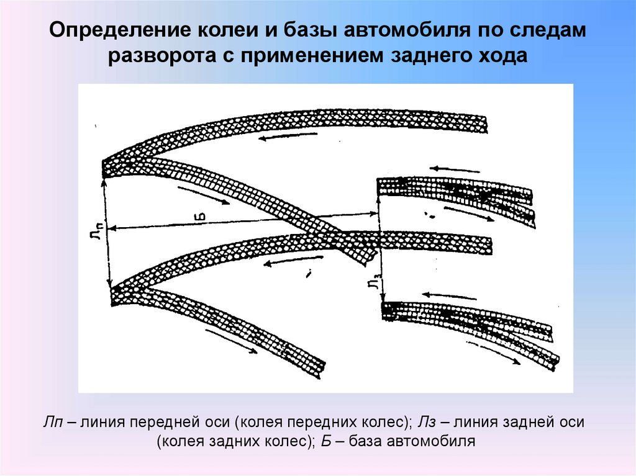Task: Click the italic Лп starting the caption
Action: point(52,423)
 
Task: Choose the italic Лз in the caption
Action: point(429,423)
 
